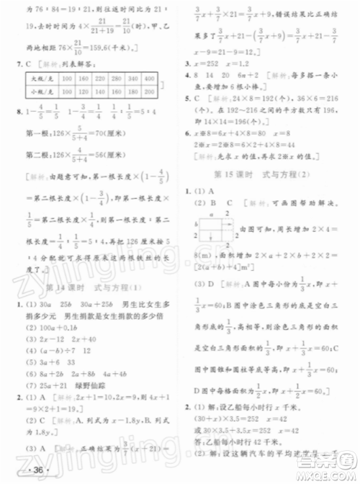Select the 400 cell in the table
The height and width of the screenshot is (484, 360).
coord(148,78)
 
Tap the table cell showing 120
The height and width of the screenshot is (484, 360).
coord(58,92)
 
